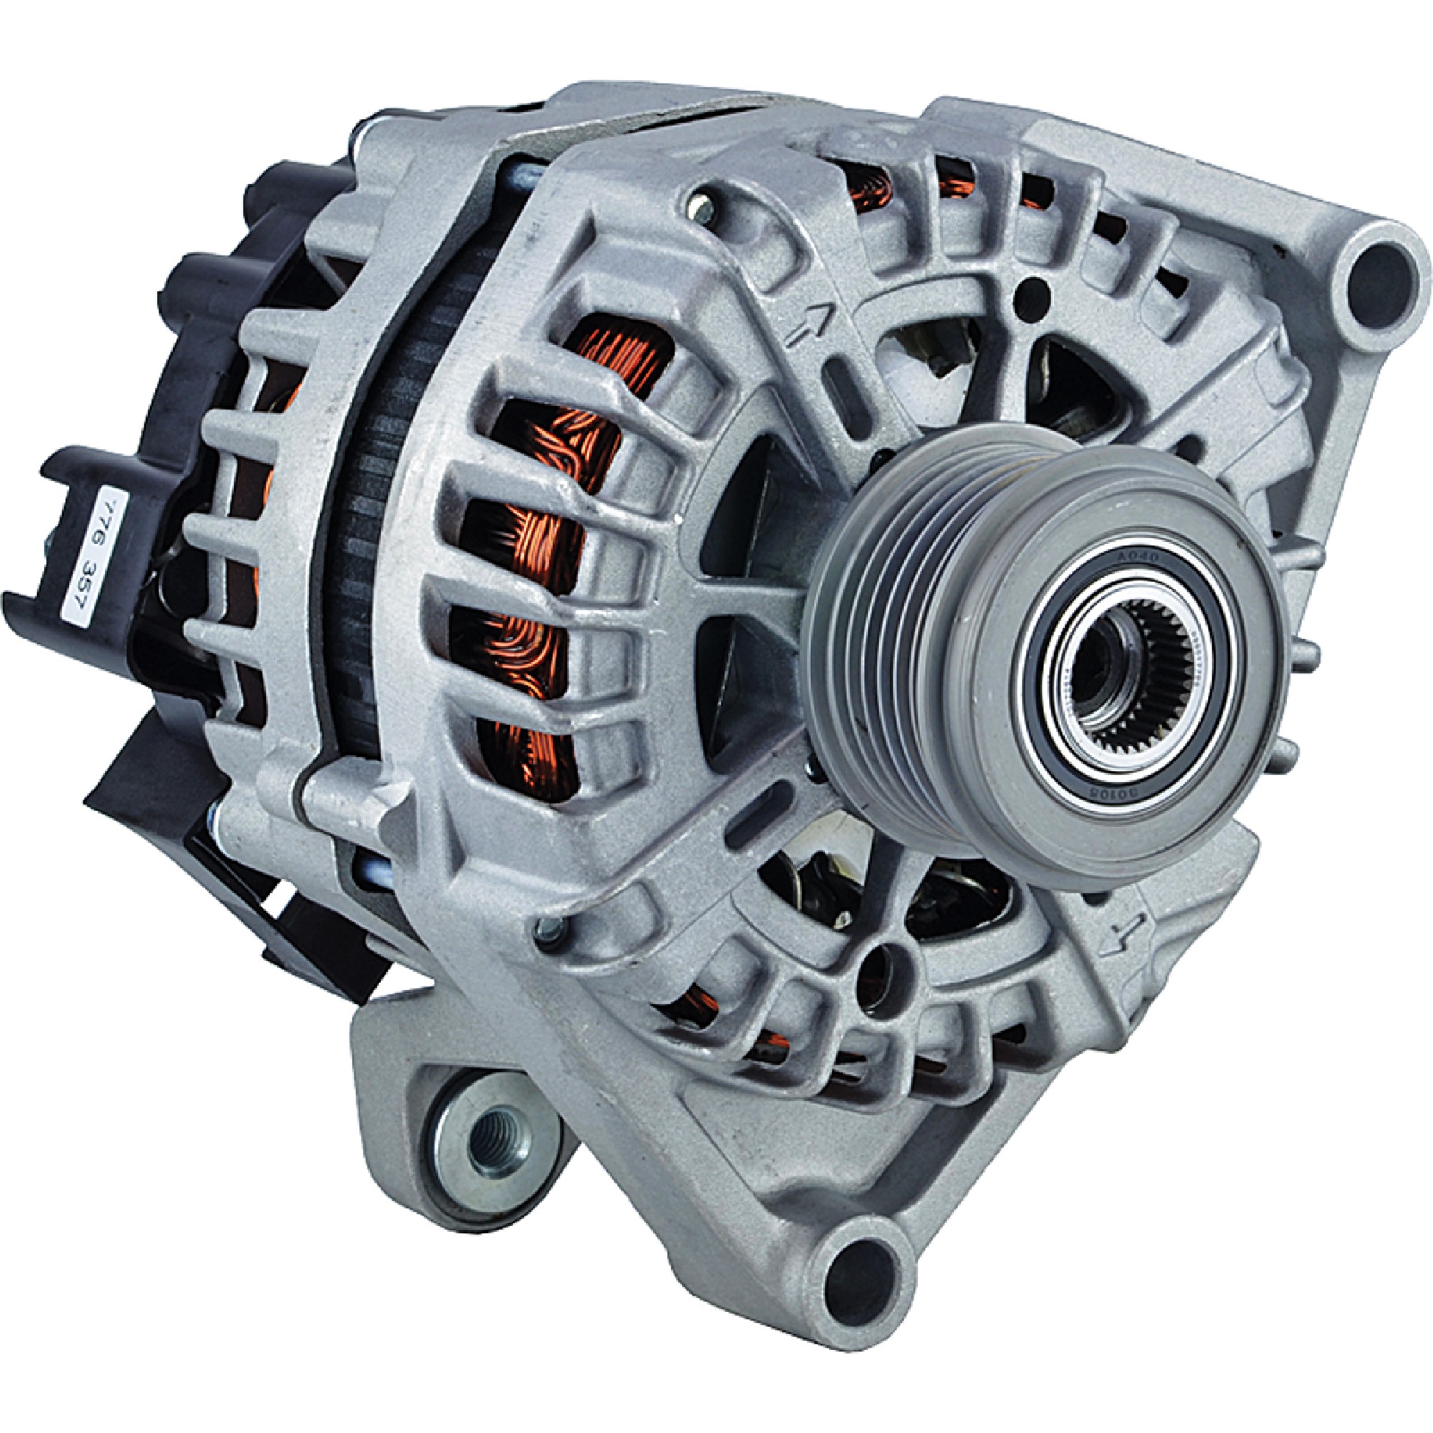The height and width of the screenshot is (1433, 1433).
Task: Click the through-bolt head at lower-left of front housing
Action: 548,926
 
